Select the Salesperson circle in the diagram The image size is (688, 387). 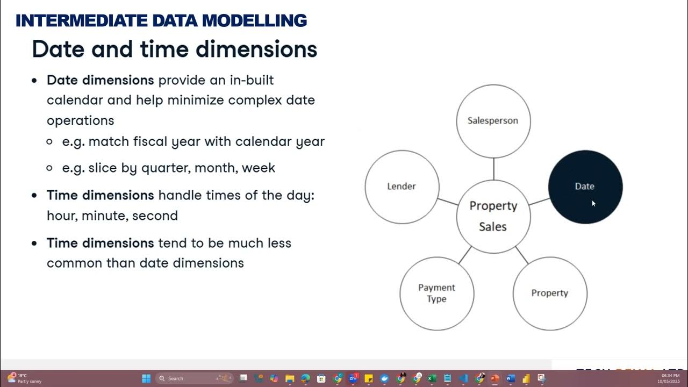coord(493,121)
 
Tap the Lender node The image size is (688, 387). coord(402,187)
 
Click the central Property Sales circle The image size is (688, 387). coord(493,216)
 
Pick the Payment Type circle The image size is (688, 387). coord(436,293)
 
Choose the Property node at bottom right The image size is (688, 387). coord(549,293)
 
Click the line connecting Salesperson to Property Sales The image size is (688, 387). coord(493,169)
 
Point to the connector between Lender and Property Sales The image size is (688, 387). coord(448,202)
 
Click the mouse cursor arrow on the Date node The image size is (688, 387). coord(593,203)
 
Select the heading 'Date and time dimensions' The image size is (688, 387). coord(174,49)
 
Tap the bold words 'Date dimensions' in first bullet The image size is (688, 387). coord(100,80)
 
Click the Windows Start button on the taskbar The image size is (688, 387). coord(146,378)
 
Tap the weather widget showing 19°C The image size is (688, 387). coord(24,378)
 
